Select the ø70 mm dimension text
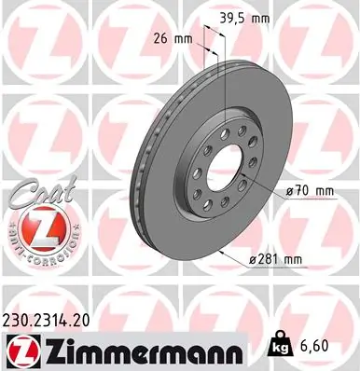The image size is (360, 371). (310, 191)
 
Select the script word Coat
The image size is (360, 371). (37, 193)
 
